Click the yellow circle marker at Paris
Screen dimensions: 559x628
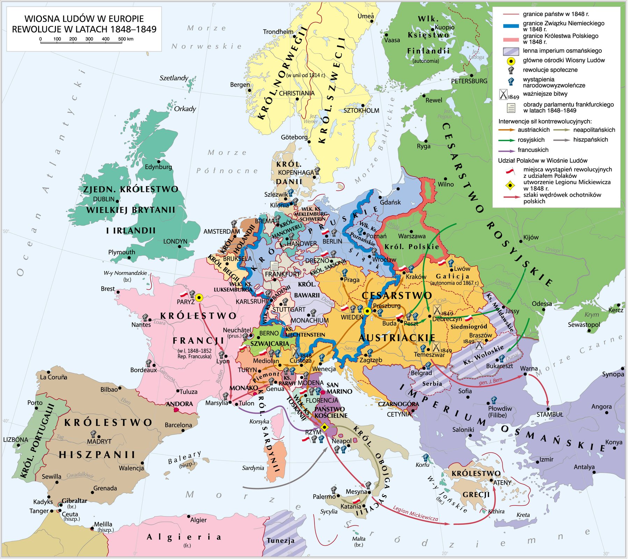point(199,298)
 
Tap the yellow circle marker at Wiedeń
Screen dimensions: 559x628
point(367,311)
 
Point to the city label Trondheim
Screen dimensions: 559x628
point(278,32)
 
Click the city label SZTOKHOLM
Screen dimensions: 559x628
point(361,110)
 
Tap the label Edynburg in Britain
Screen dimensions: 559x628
point(158,167)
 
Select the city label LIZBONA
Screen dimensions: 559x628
point(15,440)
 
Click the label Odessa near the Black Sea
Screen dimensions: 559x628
point(542,304)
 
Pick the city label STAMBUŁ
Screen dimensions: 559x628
point(550,415)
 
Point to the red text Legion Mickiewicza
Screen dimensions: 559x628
point(415,514)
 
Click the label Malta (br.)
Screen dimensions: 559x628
point(359,541)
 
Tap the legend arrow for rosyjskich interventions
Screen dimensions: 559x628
point(506,140)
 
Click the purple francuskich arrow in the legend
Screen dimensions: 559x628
point(506,150)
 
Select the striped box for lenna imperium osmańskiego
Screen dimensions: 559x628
point(510,51)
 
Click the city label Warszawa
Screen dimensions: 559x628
point(412,236)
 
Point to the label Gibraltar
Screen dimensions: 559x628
point(74,501)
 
